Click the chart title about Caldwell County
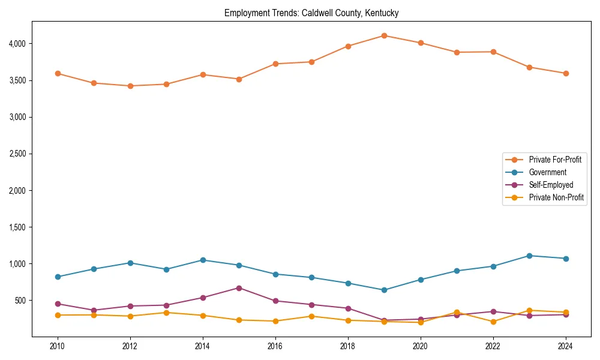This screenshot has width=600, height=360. click(x=311, y=13)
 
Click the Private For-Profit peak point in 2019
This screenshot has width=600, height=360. click(x=384, y=35)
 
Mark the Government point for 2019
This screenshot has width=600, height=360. click(x=384, y=290)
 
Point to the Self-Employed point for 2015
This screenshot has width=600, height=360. click(x=239, y=288)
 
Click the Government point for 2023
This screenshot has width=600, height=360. click(x=529, y=256)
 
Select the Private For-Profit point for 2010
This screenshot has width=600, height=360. click(x=58, y=73)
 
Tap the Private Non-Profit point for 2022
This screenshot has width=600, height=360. click(x=493, y=322)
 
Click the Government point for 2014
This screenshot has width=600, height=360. click(x=203, y=260)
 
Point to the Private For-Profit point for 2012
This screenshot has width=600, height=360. click(x=130, y=86)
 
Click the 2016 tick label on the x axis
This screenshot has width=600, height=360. click(x=275, y=346)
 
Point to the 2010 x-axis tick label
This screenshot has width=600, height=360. click(x=58, y=346)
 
